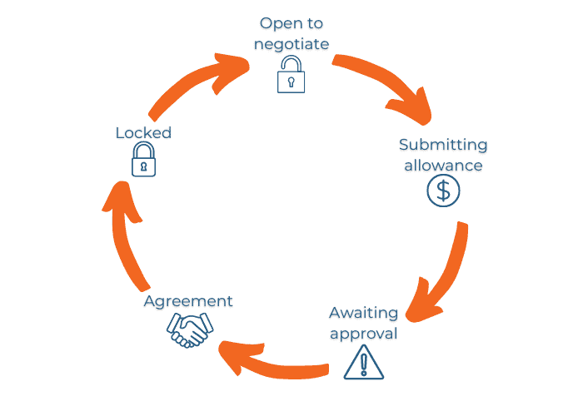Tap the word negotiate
point(291,43)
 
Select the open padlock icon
point(291,75)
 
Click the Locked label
point(143,132)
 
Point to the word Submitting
point(443,145)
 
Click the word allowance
point(443,165)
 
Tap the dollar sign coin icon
point(443,192)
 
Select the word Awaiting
point(364,313)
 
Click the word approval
point(364,334)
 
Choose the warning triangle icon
point(364,362)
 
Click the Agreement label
point(188,300)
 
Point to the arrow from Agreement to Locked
point(125,241)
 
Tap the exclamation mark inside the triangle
point(364,364)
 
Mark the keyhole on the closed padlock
point(143,166)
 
